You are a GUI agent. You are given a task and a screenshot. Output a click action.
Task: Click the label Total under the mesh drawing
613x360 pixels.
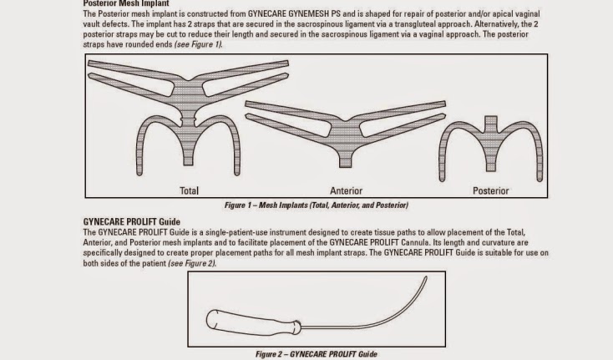(x=189, y=190)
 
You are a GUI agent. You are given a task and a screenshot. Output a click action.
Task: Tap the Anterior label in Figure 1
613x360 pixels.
(x=346, y=190)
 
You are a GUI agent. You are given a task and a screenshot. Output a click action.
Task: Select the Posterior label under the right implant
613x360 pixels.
(x=490, y=190)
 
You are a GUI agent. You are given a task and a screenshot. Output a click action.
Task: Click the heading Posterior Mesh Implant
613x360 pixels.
(x=126, y=3)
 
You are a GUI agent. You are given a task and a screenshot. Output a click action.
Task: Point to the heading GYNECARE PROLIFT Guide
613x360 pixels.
(x=131, y=222)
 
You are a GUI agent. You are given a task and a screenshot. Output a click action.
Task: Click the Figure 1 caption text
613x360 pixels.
(x=316, y=205)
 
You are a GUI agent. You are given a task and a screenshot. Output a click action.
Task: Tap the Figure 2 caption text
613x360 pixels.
(x=316, y=354)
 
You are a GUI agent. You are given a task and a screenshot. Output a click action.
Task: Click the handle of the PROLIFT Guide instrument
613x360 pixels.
(x=253, y=323)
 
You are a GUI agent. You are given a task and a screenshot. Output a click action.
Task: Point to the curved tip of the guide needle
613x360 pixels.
(x=426, y=277)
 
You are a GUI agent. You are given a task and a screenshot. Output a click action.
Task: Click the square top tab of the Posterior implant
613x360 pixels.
(x=490, y=121)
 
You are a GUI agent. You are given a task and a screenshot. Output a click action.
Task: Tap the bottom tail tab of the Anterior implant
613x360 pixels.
(x=345, y=162)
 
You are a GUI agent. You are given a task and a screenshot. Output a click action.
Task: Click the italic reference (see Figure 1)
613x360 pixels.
(x=198, y=44)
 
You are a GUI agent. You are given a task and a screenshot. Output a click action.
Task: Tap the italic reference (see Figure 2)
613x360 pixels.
(x=192, y=263)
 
